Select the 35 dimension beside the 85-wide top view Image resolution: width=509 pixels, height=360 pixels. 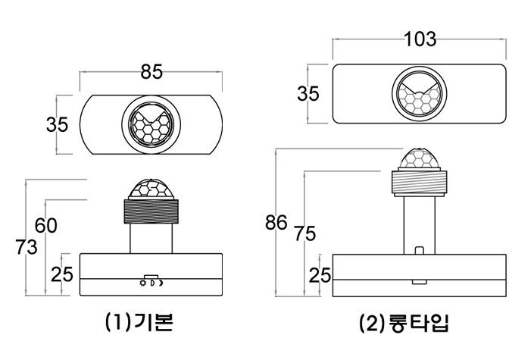[x=57, y=124]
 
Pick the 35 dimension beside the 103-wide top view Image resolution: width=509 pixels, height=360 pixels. [x=308, y=94]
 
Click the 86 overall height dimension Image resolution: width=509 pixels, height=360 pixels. [x=276, y=222]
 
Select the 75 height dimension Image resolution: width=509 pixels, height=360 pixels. [x=304, y=234]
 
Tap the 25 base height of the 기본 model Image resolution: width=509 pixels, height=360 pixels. [x=62, y=274]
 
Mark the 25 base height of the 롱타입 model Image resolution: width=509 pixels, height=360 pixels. [x=320, y=276]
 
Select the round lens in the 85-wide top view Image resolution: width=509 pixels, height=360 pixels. [x=151, y=124]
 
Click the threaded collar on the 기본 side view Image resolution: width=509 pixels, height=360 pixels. [x=151, y=211]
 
